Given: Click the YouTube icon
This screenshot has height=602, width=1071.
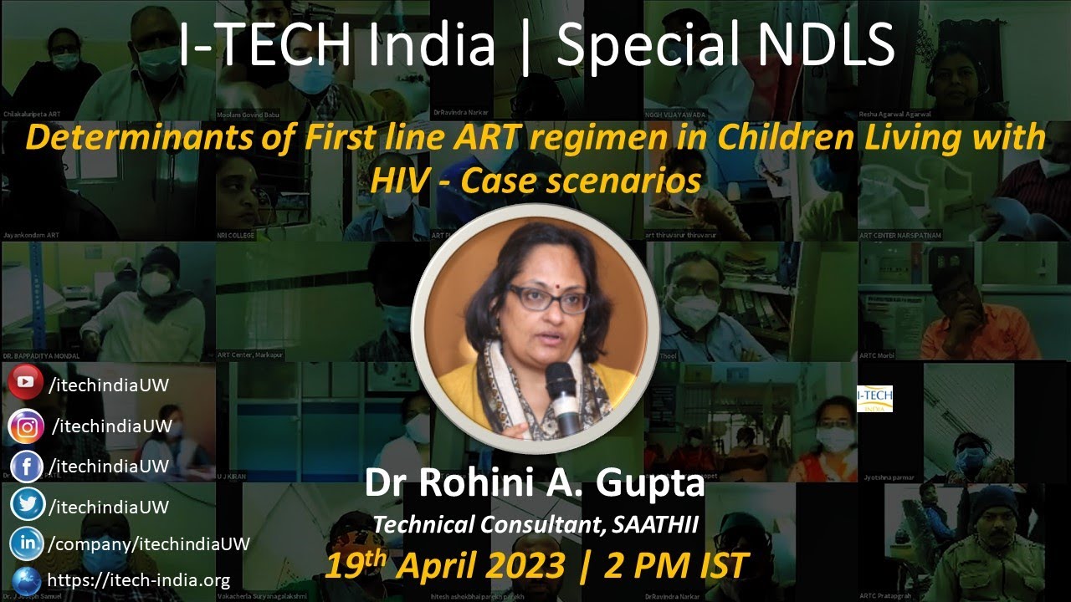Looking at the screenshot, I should coord(26,383).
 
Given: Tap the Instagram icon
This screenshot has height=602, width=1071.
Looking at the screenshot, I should coord(27,426).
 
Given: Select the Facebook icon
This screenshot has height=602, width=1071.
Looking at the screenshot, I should coord(27,467).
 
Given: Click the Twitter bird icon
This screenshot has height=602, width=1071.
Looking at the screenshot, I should coord(27,506).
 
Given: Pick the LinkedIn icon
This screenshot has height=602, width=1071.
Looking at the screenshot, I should coord(27,543).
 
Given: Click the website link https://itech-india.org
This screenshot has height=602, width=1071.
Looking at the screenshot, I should coord(138,579).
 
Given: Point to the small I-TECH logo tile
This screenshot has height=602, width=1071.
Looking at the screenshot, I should coord(875,399).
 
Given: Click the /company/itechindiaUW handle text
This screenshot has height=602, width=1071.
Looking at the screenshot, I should coord(149,543).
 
